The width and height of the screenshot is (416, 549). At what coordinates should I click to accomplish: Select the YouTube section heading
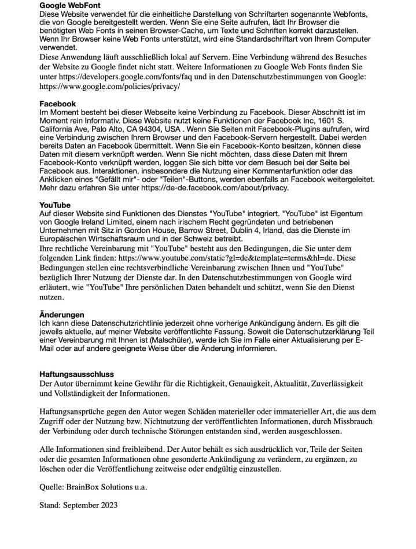coord(55,205)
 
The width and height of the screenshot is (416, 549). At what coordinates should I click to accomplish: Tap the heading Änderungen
coord(61,315)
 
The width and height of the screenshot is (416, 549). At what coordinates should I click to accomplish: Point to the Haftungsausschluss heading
coord(76,374)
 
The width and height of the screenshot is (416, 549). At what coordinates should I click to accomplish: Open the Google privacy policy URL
coord(109,86)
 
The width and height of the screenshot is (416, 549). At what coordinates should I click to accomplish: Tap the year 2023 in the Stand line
coord(108,505)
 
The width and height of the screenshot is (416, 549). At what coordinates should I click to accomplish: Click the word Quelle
coord(51,487)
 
